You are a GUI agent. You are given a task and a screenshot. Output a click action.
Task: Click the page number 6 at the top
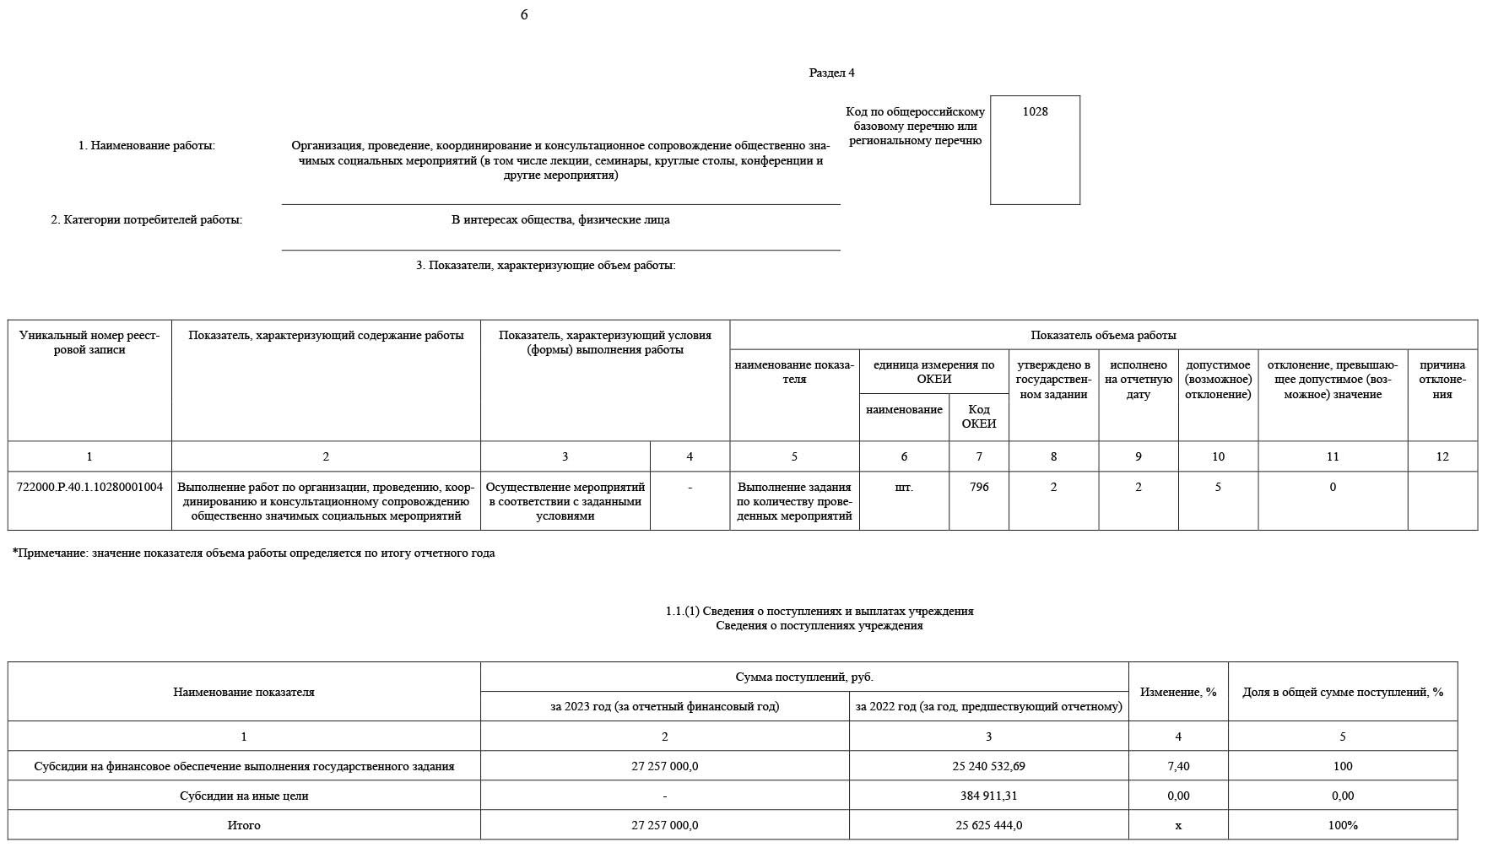(524, 15)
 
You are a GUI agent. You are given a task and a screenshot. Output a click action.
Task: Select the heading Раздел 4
(831, 73)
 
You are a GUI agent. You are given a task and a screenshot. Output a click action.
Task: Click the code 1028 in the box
(1035, 111)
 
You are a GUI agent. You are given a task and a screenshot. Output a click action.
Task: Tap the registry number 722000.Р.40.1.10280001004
(89, 487)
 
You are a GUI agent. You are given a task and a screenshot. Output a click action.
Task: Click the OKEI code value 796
(979, 487)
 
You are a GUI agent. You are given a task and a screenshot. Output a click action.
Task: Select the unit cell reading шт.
(904, 487)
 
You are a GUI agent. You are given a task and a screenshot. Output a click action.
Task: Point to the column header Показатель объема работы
(1103, 335)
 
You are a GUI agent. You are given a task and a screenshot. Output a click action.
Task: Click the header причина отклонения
(1442, 380)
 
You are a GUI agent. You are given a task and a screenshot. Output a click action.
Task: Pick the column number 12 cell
(1442, 456)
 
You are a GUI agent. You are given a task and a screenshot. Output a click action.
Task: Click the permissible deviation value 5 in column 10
(1218, 487)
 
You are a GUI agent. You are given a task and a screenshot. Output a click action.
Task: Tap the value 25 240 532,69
(988, 766)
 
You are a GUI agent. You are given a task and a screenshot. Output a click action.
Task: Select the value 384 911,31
(988, 796)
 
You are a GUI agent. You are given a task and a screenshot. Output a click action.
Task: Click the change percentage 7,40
(1178, 766)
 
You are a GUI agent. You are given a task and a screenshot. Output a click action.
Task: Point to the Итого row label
(244, 825)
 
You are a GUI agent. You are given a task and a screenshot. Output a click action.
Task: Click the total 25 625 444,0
(988, 825)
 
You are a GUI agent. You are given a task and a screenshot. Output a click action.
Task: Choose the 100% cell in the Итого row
(1342, 825)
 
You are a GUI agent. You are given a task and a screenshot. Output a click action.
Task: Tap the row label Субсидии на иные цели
(244, 796)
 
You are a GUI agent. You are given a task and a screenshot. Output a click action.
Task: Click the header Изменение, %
(1178, 692)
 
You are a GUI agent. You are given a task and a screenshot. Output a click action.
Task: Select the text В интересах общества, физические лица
(560, 220)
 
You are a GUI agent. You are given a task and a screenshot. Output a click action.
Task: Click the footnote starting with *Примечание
(253, 553)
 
